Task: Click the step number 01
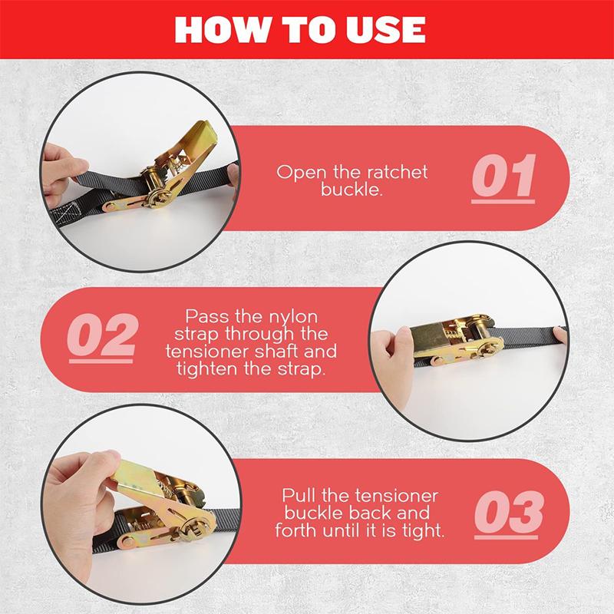(x=503, y=177)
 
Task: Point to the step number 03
(x=508, y=513)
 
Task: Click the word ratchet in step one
(x=395, y=172)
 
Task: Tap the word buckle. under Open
(x=352, y=190)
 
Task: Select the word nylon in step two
(x=295, y=317)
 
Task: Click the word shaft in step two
(x=277, y=351)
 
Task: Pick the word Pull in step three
(x=298, y=496)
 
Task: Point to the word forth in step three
(x=295, y=530)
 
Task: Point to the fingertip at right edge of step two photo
(x=560, y=335)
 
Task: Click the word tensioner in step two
(x=207, y=352)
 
